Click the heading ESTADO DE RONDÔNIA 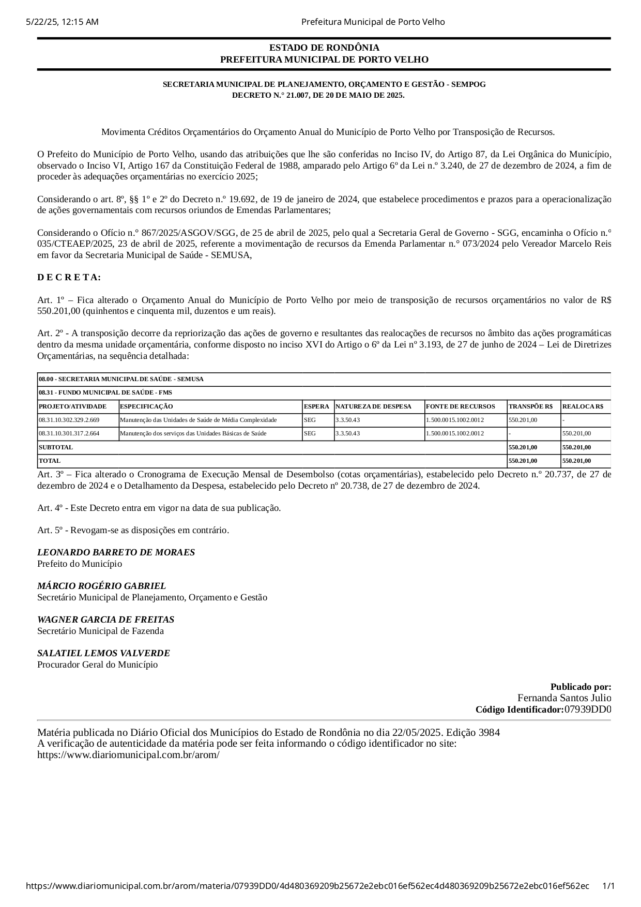pyautogui.click(x=324, y=48)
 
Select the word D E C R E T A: pyautogui.click(x=69, y=277)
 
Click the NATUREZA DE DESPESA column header pyautogui.click(x=373, y=406)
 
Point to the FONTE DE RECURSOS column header pyautogui.click(x=460, y=406)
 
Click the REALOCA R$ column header pyautogui.click(x=583, y=406)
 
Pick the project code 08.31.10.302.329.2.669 pyautogui.click(x=69, y=420)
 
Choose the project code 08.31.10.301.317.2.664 pyautogui.click(x=69, y=433)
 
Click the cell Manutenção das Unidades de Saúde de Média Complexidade pyautogui.click(x=198, y=420)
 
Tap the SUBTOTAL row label pyautogui.click(x=56, y=447)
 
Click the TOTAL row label pyautogui.click(x=50, y=461)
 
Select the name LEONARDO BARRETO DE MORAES pyautogui.click(x=116, y=552)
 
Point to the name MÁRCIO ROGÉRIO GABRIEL pyautogui.click(x=101, y=586)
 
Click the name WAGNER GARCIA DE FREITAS pyautogui.click(x=105, y=619)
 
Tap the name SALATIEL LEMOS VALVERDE pyautogui.click(x=103, y=653)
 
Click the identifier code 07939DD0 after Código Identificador pyautogui.click(x=588, y=709)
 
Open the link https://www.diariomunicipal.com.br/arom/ pyautogui.click(x=128, y=754)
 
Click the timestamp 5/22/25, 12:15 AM pyautogui.click(x=62, y=22)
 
